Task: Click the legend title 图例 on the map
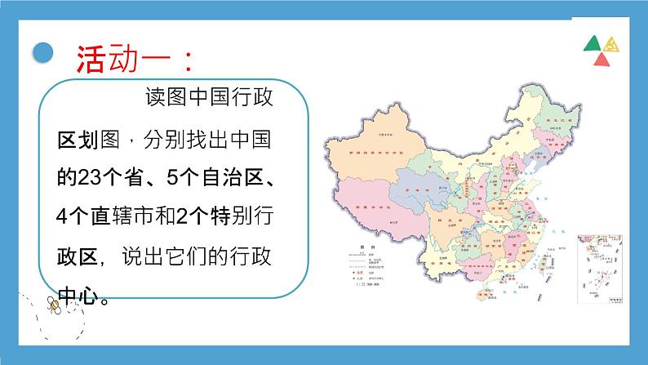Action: click(358, 245)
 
